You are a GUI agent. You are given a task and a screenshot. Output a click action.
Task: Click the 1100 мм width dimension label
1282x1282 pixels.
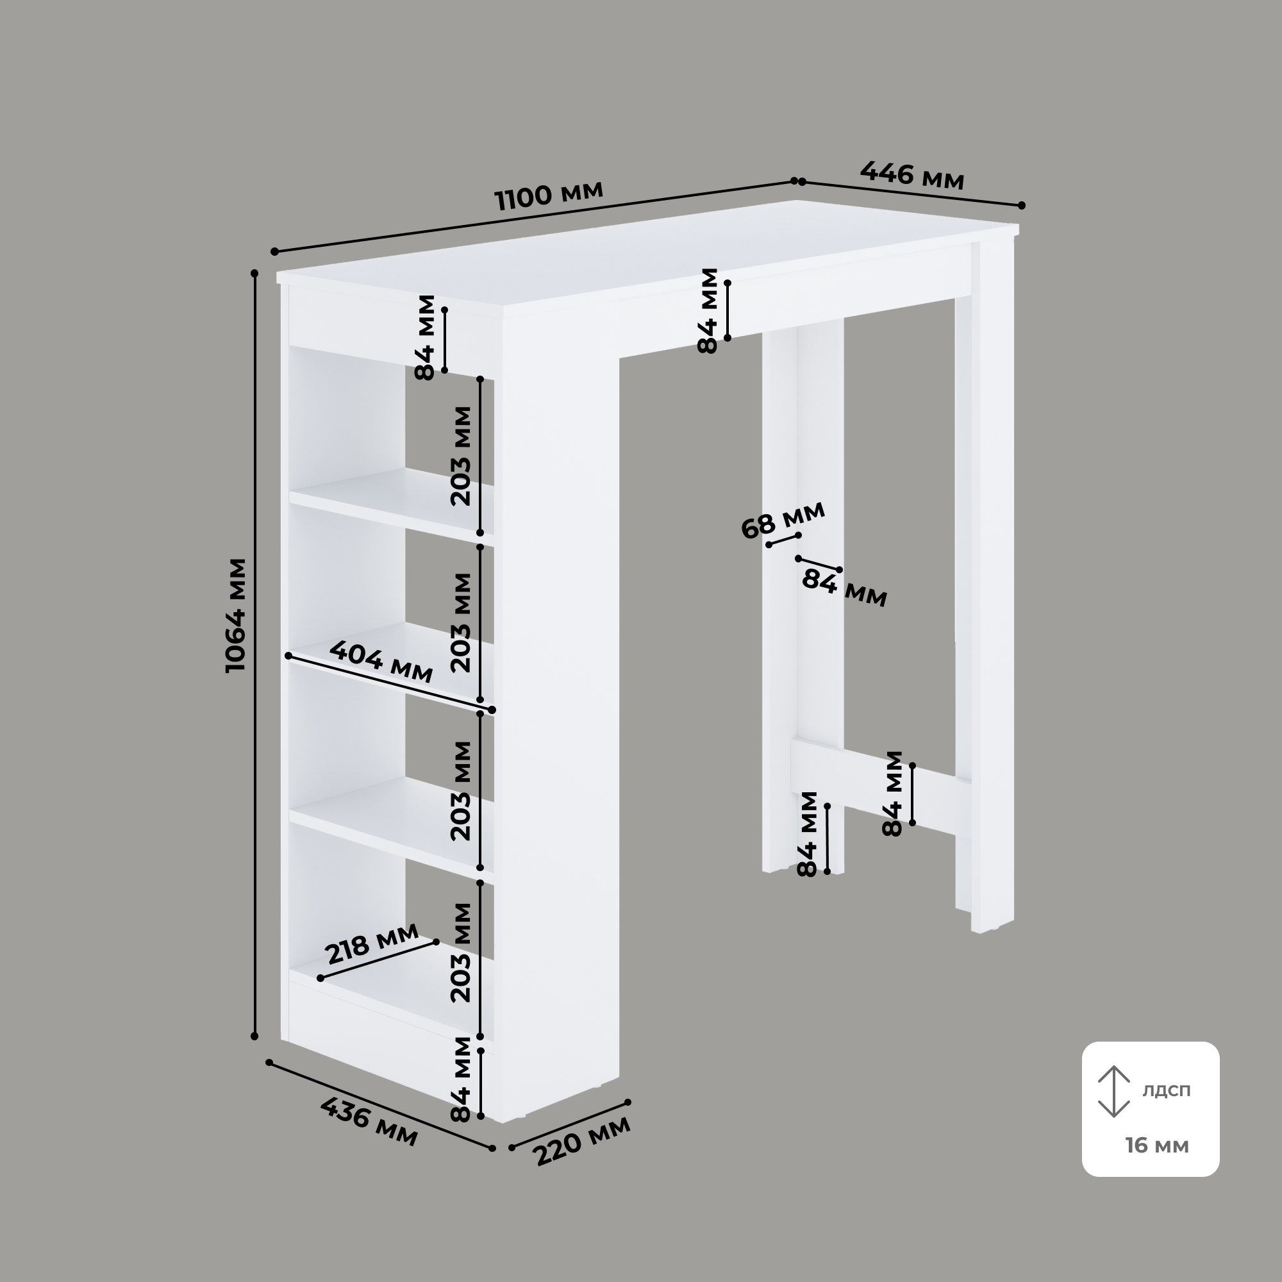pyautogui.click(x=549, y=194)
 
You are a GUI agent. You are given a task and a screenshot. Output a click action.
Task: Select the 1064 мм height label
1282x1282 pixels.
pyautogui.click(x=237, y=615)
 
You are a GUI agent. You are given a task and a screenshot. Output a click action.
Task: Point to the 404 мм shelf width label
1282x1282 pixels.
pyautogui.click(x=381, y=662)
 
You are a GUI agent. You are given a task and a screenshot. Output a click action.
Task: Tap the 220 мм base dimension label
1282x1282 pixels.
pyautogui.click(x=583, y=1140)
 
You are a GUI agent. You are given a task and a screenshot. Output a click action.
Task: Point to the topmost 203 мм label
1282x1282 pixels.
pyautogui.click(x=460, y=456)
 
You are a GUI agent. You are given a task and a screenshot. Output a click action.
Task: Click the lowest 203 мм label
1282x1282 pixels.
pyautogui.click(x=460, y=953)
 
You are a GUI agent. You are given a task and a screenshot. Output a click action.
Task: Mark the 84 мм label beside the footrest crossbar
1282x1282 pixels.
pyautogui.click(x=893, y=793)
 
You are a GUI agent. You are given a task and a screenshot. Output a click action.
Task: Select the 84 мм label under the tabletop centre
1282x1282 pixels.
pyautogui.click(x=708, y=310)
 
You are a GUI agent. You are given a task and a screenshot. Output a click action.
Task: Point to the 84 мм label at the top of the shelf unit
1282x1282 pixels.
pyautogui.click(x=425, y=337)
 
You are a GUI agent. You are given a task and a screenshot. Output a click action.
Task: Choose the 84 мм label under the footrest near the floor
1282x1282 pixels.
pyautogui.click(x=808, y=834)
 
